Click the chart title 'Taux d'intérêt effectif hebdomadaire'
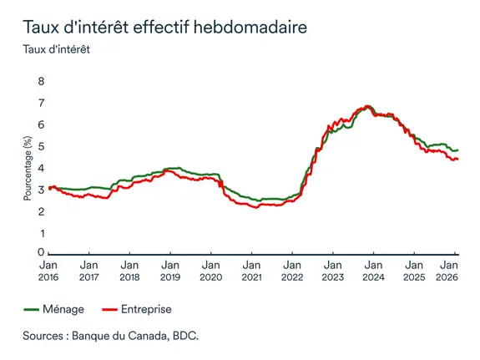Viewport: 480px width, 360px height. [x=164, y=27]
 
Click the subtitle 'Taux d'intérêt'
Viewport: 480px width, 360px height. [x=60, y=48]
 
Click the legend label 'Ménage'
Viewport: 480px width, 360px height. [x=63, y=309]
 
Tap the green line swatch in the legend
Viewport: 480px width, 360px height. [x=32, y=309]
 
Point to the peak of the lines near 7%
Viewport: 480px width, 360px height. [x=366, y=107]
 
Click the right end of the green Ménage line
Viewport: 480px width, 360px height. [x=457, y=150]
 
